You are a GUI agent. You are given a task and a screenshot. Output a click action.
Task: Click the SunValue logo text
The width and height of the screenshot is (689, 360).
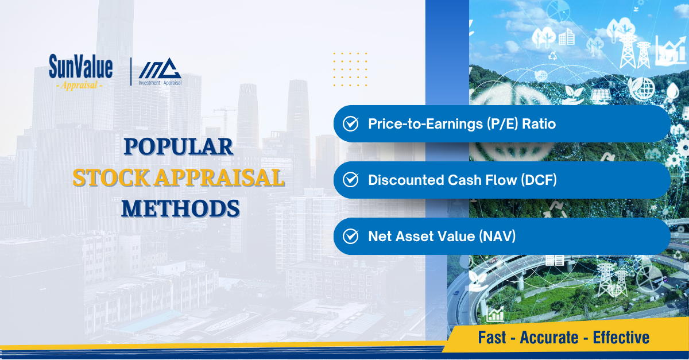point(80,66)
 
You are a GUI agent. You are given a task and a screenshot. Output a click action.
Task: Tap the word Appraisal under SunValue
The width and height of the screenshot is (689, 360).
point(79,85)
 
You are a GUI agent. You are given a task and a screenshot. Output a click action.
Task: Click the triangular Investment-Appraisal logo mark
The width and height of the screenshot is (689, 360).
point(160,68)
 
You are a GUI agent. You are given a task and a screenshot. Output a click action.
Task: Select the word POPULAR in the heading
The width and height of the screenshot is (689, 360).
point(179,146)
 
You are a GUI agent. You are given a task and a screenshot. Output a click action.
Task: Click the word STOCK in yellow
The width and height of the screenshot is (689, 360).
point(111,178)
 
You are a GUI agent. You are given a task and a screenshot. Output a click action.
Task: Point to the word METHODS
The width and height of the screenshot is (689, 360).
point(180,208)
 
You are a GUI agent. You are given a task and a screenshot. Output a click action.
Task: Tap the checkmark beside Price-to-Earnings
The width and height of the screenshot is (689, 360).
point(351,124)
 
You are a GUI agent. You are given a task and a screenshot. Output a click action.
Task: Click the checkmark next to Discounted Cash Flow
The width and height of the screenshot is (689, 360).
point(351,180)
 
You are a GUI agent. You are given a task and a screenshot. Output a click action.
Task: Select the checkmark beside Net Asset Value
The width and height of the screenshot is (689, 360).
point(351,237)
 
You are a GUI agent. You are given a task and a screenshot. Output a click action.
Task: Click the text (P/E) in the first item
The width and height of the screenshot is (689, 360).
point(502,124)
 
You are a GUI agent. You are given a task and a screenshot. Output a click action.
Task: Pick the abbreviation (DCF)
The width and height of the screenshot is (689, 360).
point(539,180)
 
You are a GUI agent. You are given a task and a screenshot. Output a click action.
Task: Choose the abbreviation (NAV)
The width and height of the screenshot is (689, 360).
point(497,237)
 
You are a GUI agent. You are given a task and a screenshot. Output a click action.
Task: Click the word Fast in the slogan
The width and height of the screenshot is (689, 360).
point(492,338)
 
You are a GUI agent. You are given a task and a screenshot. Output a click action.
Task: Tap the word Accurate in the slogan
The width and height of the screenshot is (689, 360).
point(549,338)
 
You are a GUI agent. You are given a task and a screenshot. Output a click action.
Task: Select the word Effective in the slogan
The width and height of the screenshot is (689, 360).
point(621,338)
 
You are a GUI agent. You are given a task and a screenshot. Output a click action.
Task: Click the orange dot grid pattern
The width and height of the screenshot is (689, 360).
point(350,69)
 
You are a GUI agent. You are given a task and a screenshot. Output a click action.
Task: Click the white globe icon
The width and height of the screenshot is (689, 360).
point(642,88)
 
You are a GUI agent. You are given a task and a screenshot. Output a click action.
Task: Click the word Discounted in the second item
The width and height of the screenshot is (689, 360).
point(405,180)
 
